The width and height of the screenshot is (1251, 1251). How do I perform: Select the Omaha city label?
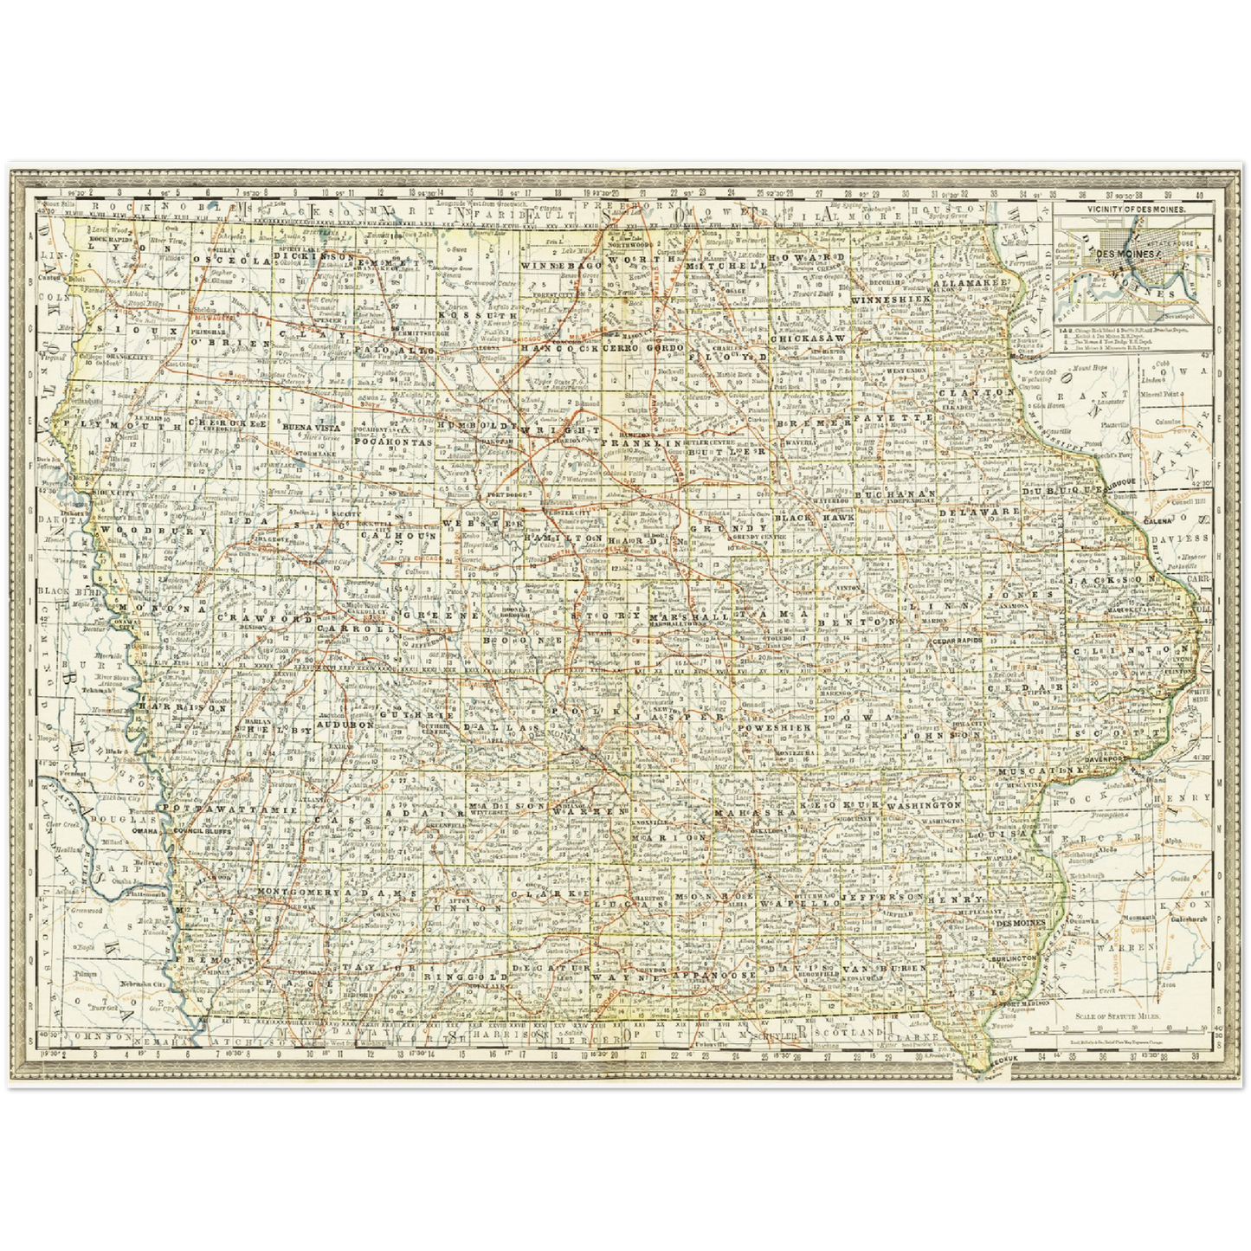145,830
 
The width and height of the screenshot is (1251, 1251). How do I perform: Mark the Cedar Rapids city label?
958,641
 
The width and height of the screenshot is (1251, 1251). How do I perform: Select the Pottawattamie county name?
229,809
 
